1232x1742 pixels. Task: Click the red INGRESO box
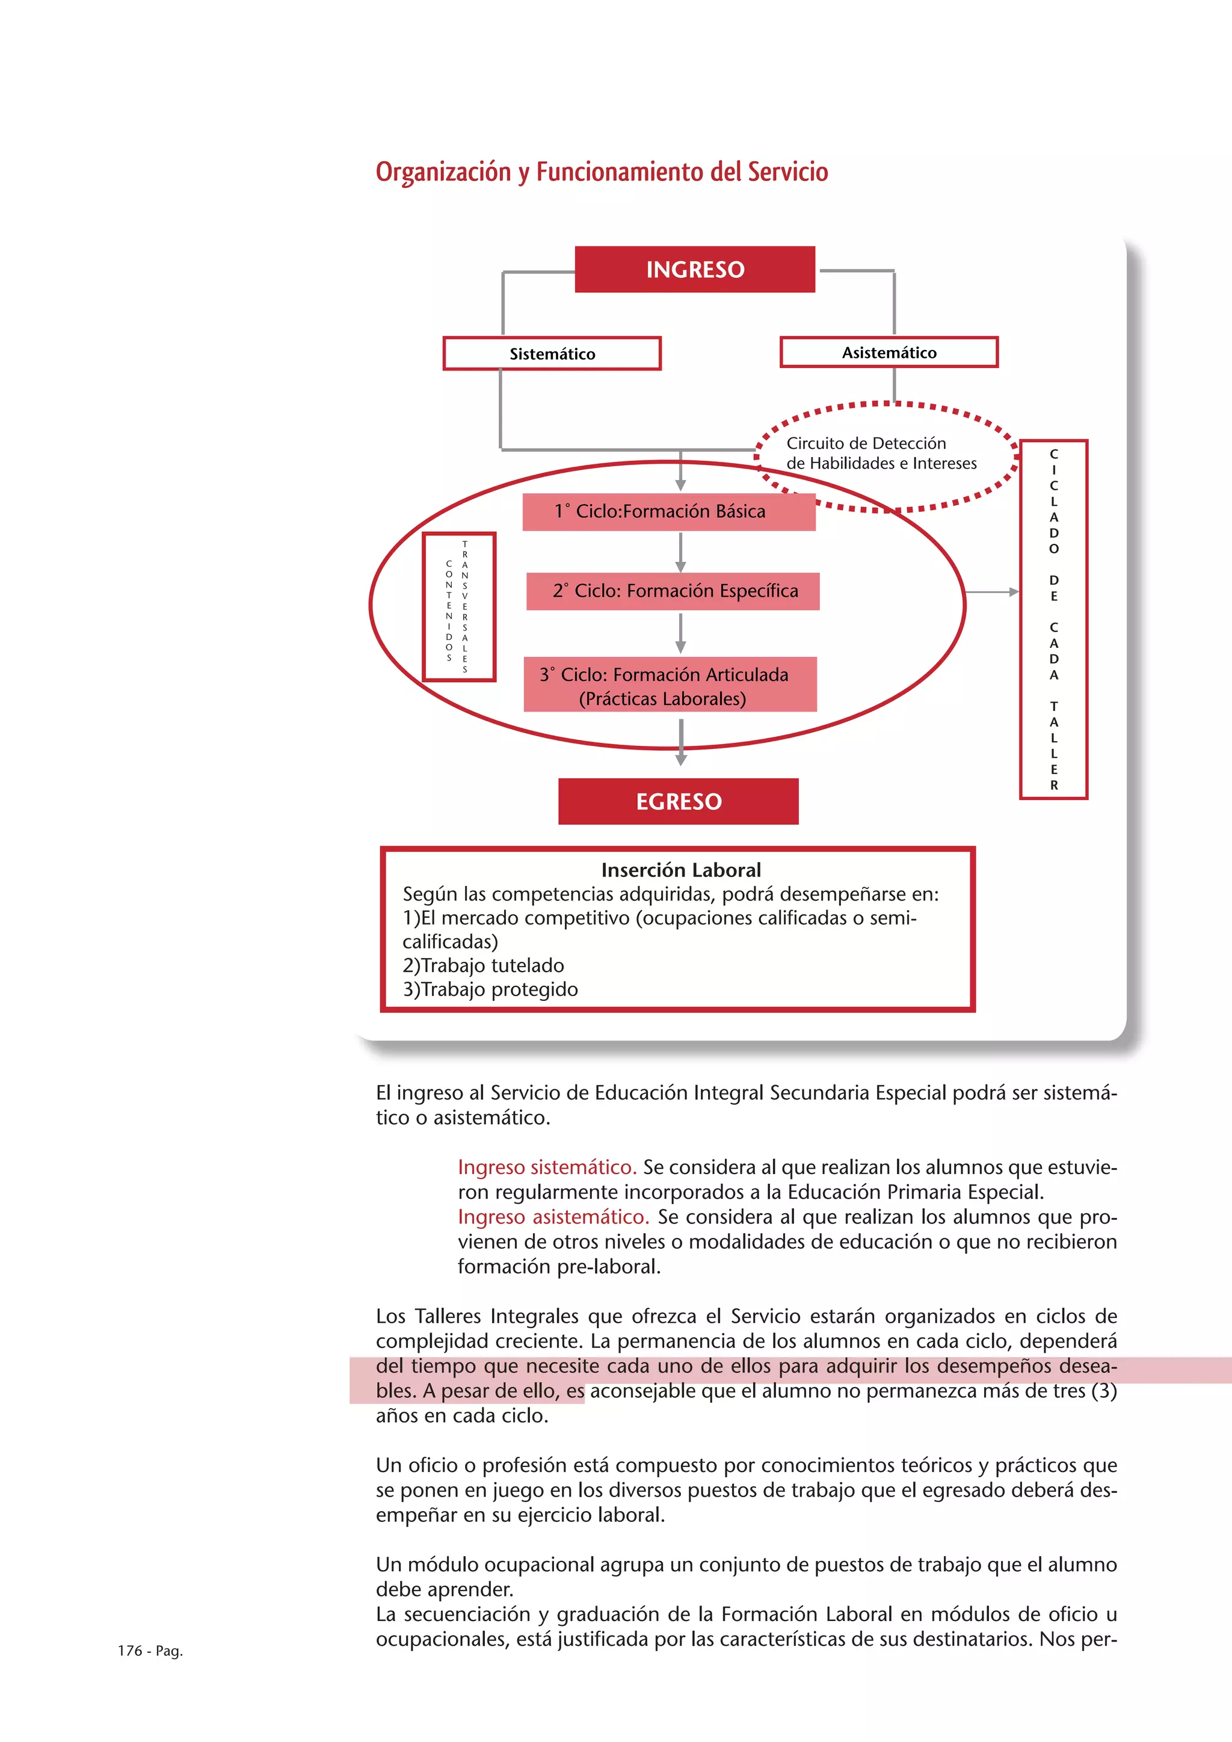pyautogui.click(x=694, y=269)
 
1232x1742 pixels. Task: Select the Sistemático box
pyautogui.click(x=552, y=354)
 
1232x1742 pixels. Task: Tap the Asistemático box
pyautogui.click(x=889, y=352)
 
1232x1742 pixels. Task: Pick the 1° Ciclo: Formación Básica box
pyautogui.click(x=668, y=511)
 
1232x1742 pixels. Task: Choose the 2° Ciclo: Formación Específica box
pyautogui.click(x=673, y=591)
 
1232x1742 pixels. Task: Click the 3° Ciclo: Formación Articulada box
pyautogui.click(x=670, y=685)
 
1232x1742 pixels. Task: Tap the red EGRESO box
pyautogui.click(x=678, y=801)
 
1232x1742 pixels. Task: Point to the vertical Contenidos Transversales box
pyautogui.click(x=458, y=607)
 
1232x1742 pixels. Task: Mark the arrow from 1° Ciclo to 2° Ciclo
pyautogui.click(x=680, y=552)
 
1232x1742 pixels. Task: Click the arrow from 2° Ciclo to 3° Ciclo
pyautogui.click(x=680, y=633)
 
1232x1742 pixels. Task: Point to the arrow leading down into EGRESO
pyautogui.click(x=681, y=743)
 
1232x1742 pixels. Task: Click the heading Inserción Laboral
pyautogui.click(x=680, y=870)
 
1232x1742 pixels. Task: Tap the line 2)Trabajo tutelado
pyautogui.click(x=483, y=966)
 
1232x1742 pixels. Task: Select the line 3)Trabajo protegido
pyautogui.click(x=490, y=989)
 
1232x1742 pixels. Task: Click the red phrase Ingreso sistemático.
pyautogui.click(x=547, y=1167)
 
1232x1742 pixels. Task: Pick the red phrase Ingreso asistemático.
pyautogui.click(x=553, y=1217)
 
